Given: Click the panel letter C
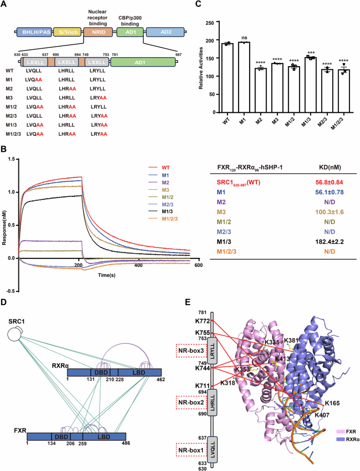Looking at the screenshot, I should pos(198,5).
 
